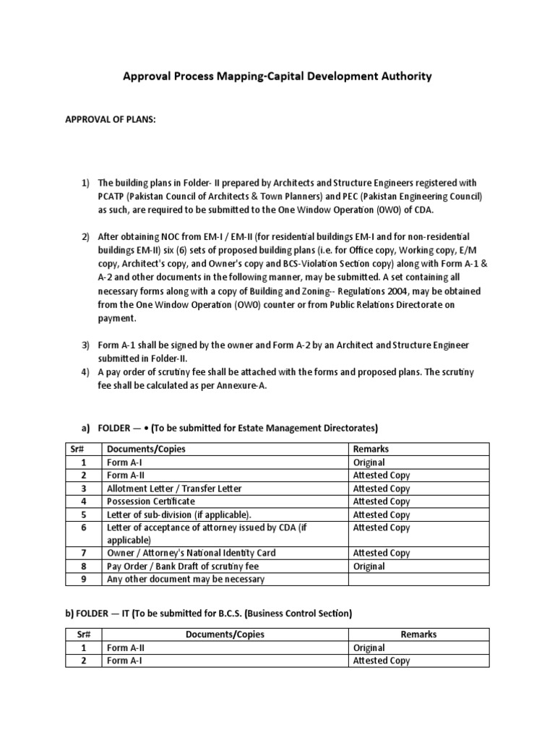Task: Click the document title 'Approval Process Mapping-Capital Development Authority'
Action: tap(277, 76)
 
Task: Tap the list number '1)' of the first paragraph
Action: tap(85, 184)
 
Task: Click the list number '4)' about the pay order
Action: tap(85, 371)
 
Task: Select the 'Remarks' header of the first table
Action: tap(371, 449)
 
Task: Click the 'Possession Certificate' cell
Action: tap(151, 502)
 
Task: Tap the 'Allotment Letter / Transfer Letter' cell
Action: tap(174, 489)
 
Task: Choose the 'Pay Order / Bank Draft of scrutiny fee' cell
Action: tap(182, 566)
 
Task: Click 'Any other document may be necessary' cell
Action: tap(186, 579)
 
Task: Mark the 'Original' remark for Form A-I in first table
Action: tap(369, 462)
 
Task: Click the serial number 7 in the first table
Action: tap(84, 553)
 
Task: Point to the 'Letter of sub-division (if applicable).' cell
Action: tap(179, 515)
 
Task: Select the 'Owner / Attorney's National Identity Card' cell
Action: tap(191, 553)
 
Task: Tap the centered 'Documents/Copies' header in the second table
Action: tap(225, 634)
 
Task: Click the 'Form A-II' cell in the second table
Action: tap(126, 647)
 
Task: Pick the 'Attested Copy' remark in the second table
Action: tap(381, 661)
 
